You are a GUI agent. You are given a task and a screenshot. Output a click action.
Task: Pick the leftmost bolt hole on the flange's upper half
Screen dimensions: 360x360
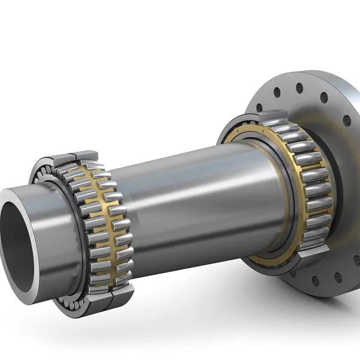(259, 107)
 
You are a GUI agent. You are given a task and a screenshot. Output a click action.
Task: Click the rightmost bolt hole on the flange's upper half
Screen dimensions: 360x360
(346, 121)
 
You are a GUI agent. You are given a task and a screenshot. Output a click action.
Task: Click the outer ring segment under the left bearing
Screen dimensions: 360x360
(120, 294)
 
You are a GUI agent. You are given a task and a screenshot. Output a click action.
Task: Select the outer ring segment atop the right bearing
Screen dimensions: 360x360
(273, 118)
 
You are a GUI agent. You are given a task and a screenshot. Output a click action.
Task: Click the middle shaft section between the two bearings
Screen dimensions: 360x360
(192, 192)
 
